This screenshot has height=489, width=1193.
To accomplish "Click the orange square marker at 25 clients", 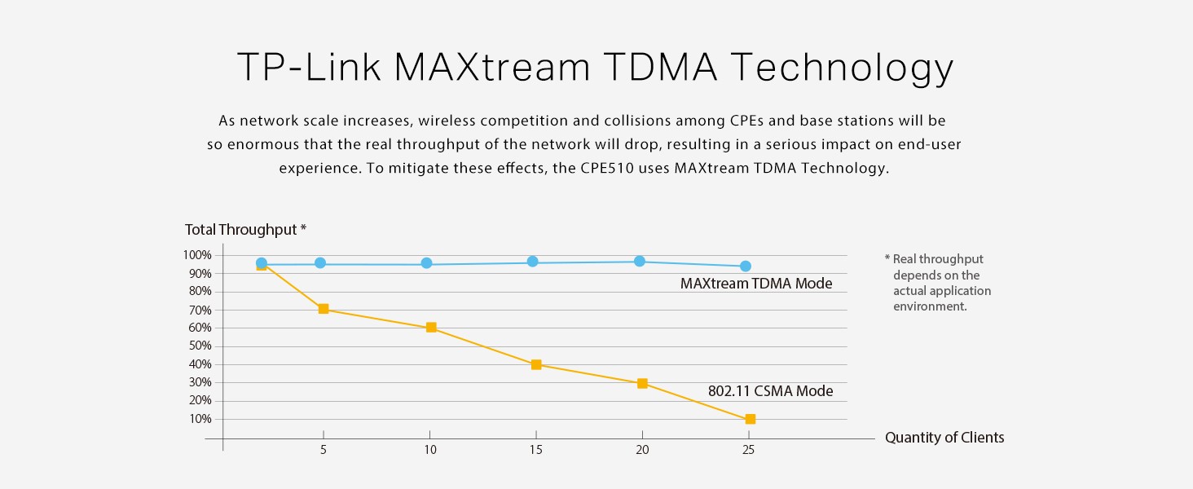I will pyautogui.click(x=750, y=419).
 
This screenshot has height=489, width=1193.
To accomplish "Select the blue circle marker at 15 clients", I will pyautogui.click(x=533, y=262).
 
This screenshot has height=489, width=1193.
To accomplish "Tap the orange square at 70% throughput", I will pyautogui.click(x=324, y=309).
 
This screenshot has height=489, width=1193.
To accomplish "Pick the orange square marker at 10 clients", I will pyautogui.click(x=431, y=328).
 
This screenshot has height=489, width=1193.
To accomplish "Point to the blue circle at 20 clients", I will pyautogui.click(x=640, y=261).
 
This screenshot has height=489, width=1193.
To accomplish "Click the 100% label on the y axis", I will pyautogui.click(x=197, y=255).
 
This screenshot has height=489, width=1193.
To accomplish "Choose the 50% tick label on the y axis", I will pyautogui.click(x=200, y=346).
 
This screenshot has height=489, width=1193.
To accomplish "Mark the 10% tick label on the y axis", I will pyautogui.click(x=200, y=419).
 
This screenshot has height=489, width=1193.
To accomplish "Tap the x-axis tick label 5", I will pyautogui.click(x=324, y=450).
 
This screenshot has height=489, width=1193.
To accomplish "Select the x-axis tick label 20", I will pyautogui.click(x=642, y=450).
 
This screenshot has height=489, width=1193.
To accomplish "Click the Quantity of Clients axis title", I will pyautogui.click(x=944, y=438).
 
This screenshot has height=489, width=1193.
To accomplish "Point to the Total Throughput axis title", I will pyautogui.click(x=245, y=230).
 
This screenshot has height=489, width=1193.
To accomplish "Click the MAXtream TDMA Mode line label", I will pyautogui.click(x=756, y=284).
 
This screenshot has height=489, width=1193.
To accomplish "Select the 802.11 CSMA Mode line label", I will pyautogui.click(x=770, y=391).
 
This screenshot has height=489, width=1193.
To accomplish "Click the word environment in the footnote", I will pyautogui.click(x=930, y=306).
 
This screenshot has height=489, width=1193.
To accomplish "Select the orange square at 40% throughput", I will pyautogui.click(x=536, y=364).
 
